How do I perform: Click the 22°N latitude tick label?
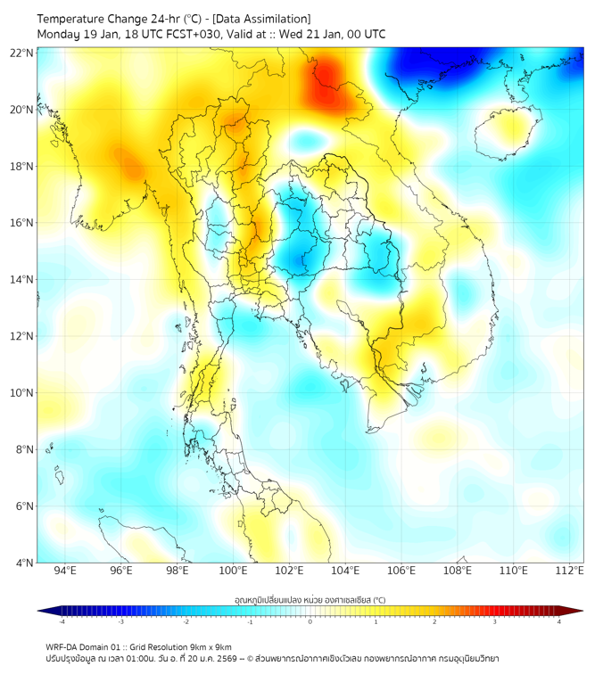click(x=22, y=53)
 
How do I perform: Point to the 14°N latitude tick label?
click(x=22, y=279)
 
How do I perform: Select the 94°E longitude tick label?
click(x=65, y=571)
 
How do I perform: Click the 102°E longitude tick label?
click(x=290, y=571)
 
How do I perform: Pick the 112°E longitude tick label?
click(x=569, y=571)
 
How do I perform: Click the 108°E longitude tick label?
click(x=458, y=571)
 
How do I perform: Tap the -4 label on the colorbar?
click(x=61, y=621)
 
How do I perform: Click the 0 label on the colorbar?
click(x=310, y=621)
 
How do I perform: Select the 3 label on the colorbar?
click(x=495, y=621)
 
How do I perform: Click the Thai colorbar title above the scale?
click(x=310, y=599)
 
